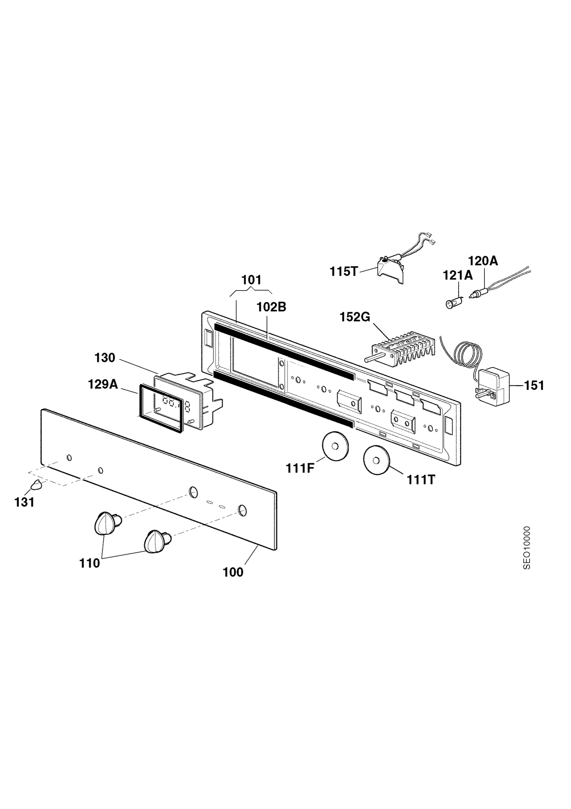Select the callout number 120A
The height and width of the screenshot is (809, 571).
[x=483, y=261]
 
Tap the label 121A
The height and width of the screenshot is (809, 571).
[x=458, y=275]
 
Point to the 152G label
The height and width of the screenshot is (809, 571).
[x=355, y=317]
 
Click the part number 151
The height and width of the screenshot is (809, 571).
[x=534, y=386]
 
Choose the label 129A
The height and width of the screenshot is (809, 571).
[x=103, y=384]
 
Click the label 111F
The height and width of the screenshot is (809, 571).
[x=299, y=469]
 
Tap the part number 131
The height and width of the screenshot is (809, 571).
[x=24, y=502]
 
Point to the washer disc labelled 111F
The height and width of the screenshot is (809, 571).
[x=335, y=446]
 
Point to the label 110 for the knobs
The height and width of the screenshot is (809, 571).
[x=89, y=563]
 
